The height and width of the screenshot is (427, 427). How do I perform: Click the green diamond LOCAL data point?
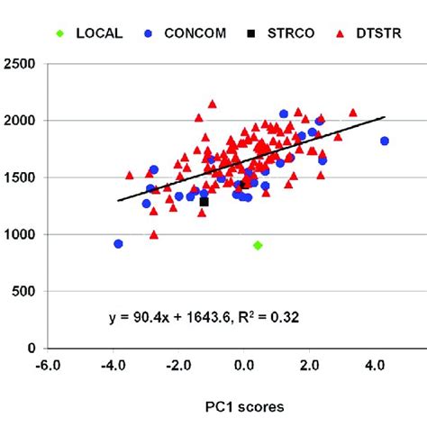click(x=258, y=245)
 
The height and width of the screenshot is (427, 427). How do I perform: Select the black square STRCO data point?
click(x=204, y=202)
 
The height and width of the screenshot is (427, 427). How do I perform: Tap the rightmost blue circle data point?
click(x=385, y=141)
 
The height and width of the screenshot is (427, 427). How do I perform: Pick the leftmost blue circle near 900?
click(x=118, y=244)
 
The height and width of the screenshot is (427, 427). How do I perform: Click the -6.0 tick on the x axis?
click(x=47, y=366)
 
